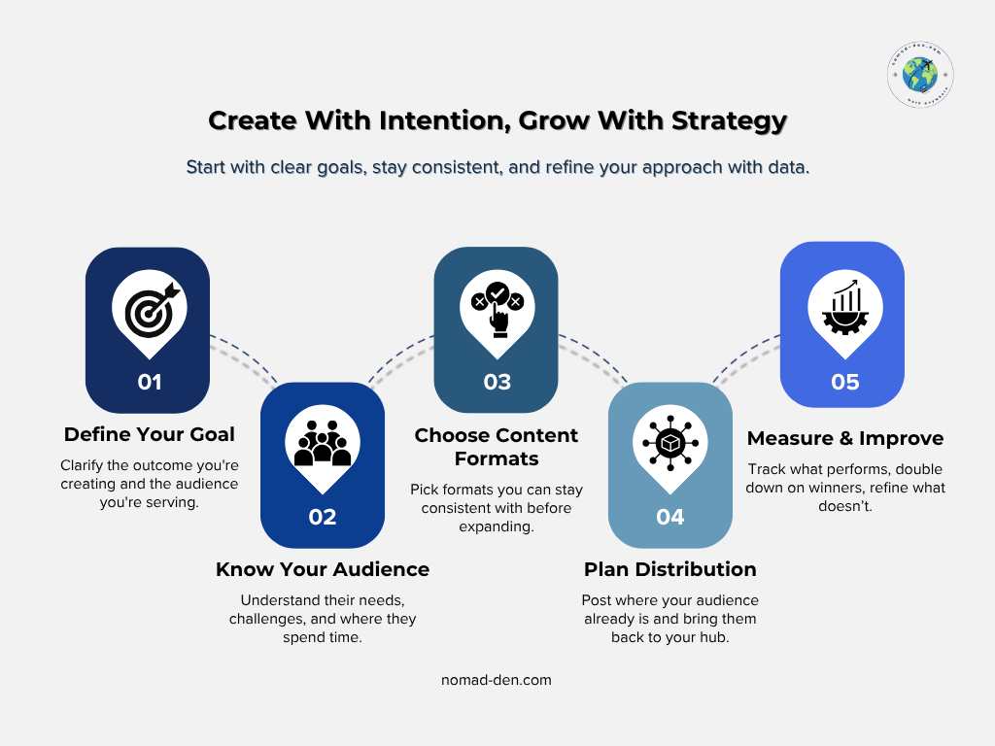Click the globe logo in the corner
coord(919,75)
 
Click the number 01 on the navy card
coord(149,382)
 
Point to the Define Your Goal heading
coord(149,434)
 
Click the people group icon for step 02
coord(322,443)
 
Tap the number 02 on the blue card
coord(322,517)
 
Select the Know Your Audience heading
coord(322,569)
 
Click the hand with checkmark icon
coord(497,307)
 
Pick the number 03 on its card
coord(497,382)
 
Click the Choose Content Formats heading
coord(497,447)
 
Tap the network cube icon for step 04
coord(669,443)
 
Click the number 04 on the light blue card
coord(669,517)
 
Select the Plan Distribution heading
coord(669,569)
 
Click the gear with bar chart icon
coord(843,307)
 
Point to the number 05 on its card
coord(844,382)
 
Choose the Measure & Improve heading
coord(844,439)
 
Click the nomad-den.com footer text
coord(497,680)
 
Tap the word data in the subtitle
coord(789,167)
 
